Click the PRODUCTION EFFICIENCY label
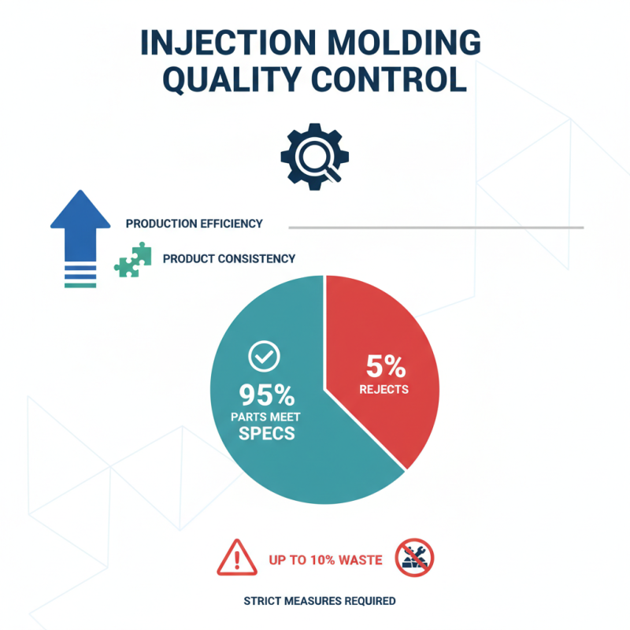(194, 224)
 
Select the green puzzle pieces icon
(132, 260)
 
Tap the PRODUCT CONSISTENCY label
(229, 258)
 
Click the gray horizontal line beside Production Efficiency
(436, 228)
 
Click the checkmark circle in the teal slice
(263, 357)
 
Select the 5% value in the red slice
(385, 365)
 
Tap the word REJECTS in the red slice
(384, 389)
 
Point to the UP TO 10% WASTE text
(325, 560)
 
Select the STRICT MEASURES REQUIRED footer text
(320, 601)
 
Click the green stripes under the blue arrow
(80, 280)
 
